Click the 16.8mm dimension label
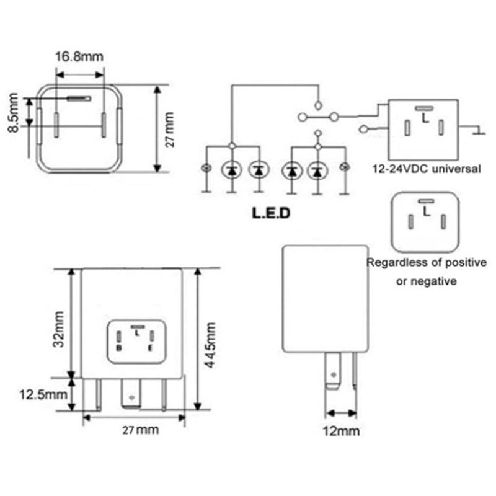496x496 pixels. pos(79,58)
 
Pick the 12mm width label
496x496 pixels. pos(341,431)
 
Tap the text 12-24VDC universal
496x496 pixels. pos(427,168)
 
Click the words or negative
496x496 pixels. pos(427,281)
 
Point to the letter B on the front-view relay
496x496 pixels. pos(118,348)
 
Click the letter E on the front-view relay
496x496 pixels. pos(151,348)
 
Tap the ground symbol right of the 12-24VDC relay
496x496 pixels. pos(478,131)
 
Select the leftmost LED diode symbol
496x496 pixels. pos(231,169)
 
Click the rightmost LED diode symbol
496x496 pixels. pos(318,169)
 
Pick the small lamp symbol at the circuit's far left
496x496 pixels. pos(206,169)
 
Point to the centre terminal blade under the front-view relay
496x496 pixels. pos(131,394)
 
